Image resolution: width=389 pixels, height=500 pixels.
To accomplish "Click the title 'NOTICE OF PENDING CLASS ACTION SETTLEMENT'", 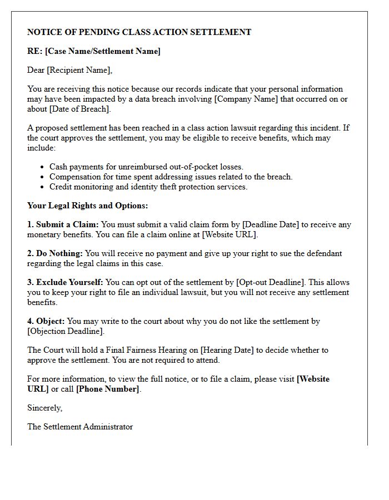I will (139, 32).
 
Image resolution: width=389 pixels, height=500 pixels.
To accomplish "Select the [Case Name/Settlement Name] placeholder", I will (102, 51).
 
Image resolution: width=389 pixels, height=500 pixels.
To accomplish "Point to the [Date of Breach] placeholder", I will (80, 109).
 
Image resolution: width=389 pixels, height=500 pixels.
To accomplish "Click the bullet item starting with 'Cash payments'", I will (146, 167).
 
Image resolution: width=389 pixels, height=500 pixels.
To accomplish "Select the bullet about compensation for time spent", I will (171, 177).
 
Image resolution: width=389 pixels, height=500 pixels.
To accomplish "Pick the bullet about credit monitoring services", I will (148, 187).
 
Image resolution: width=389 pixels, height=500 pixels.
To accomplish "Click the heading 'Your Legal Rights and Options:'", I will (88, 206).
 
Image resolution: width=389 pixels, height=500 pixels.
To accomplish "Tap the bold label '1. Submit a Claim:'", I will (63, 224).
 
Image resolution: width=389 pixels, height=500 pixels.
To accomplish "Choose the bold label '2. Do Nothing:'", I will (55, 253).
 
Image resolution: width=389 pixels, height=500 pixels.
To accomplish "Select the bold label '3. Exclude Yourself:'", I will (65, 282).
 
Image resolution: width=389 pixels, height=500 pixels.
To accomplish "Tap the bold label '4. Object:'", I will (46, 321).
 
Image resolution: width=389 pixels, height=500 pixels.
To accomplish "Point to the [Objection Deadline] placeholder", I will (66, 331).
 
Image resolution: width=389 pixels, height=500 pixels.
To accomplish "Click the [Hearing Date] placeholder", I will (227, 350).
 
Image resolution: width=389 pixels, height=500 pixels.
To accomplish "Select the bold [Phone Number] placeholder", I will (108, 389).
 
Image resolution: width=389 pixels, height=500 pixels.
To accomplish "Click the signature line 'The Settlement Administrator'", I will (80, 427).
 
